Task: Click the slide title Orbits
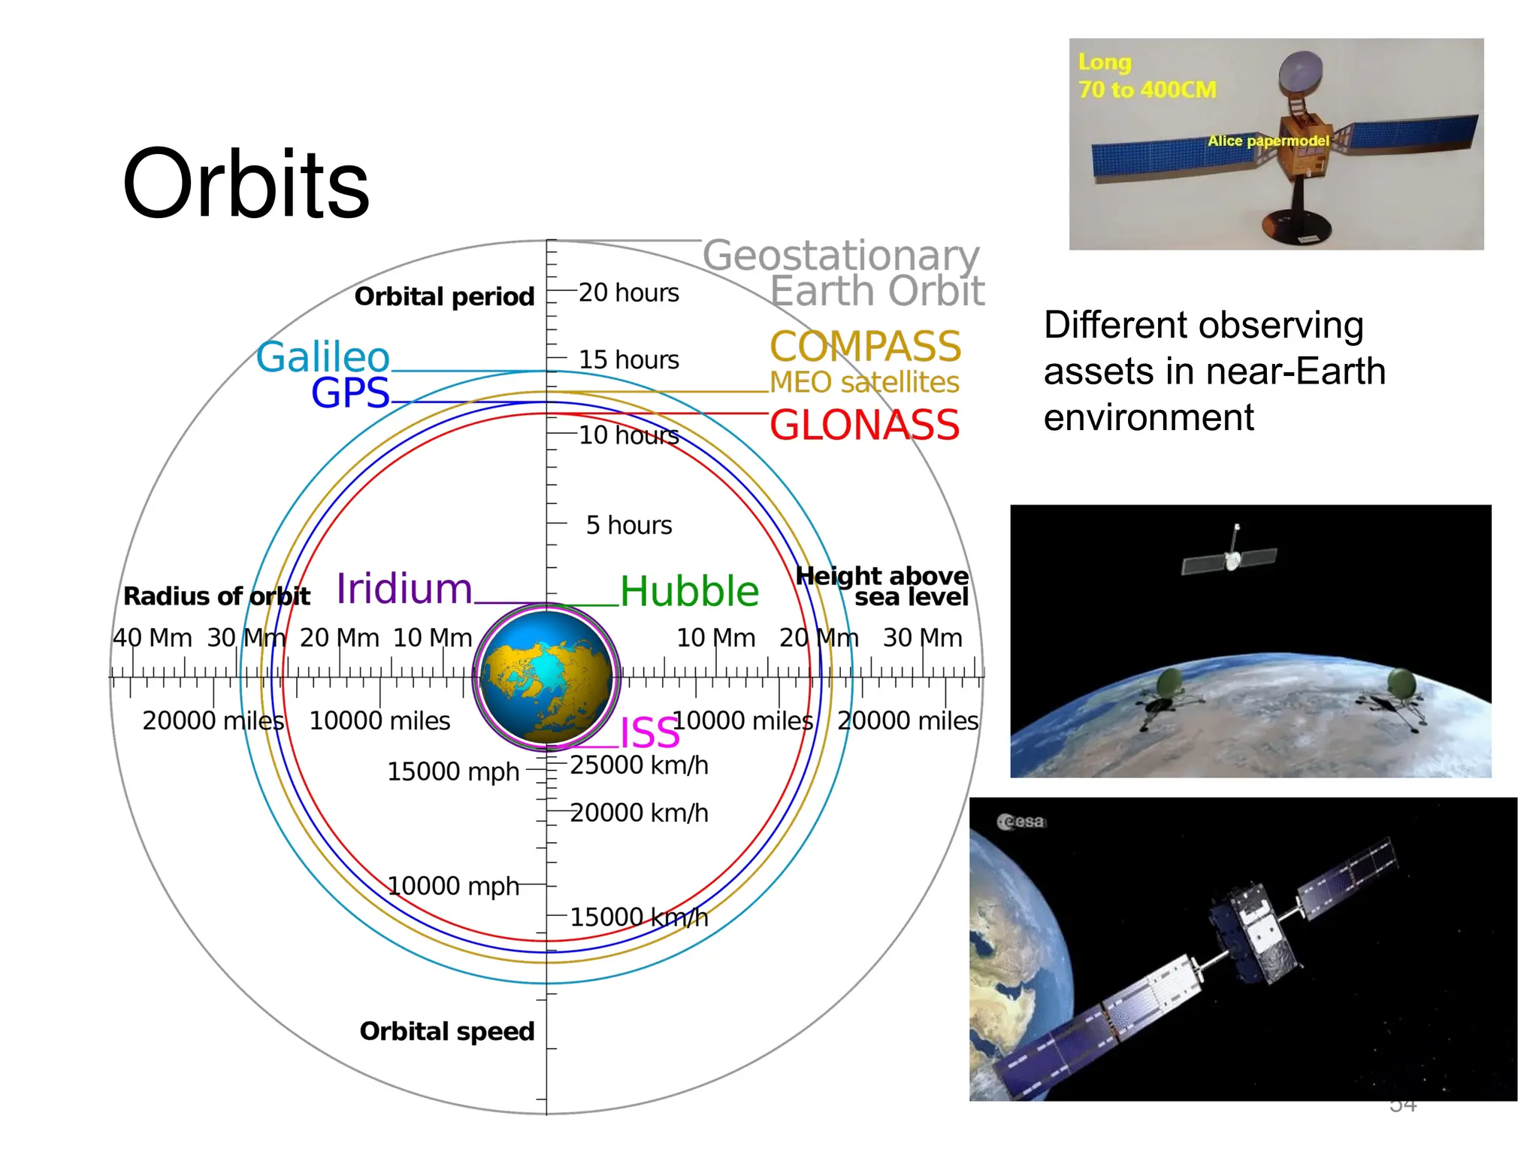click(246, 184)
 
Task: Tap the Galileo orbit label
click(323, 356)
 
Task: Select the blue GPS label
click(351, 393)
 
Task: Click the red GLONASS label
click(864, 425)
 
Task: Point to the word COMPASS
click(866, 347)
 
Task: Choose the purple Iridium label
click(404, 589)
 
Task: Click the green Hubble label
click(689, 592)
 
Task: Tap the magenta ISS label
click(650, 732)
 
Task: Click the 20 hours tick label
click(628, 293)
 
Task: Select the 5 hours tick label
click(629, 525)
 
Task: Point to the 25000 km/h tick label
click(639, 765)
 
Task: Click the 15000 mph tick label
click(453, 772)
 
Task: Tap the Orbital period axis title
click(444, 297)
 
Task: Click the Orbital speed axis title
click(447, 1031)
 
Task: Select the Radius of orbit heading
click(216, 596)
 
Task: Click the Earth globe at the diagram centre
click(547, 677)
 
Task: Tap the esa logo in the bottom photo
click(1022, 822)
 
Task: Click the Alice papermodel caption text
click(1268, 141)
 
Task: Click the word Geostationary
click(841, 256)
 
